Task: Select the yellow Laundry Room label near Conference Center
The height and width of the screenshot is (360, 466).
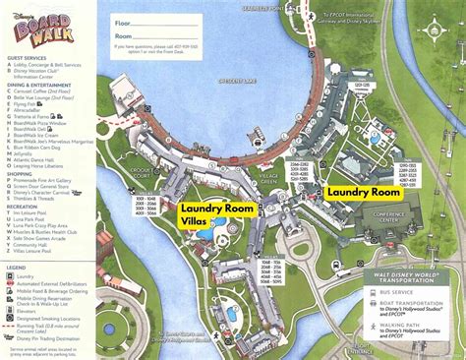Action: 364,193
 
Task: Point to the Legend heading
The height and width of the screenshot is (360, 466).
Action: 18,266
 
